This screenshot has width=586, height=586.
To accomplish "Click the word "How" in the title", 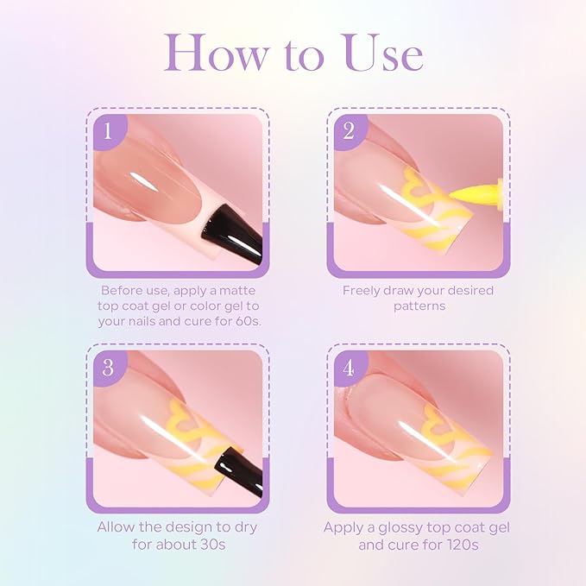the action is click(216, 53).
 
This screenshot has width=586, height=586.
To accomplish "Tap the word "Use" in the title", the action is click(383, 53).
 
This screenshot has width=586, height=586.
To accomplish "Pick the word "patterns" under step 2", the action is click(419, 306).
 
